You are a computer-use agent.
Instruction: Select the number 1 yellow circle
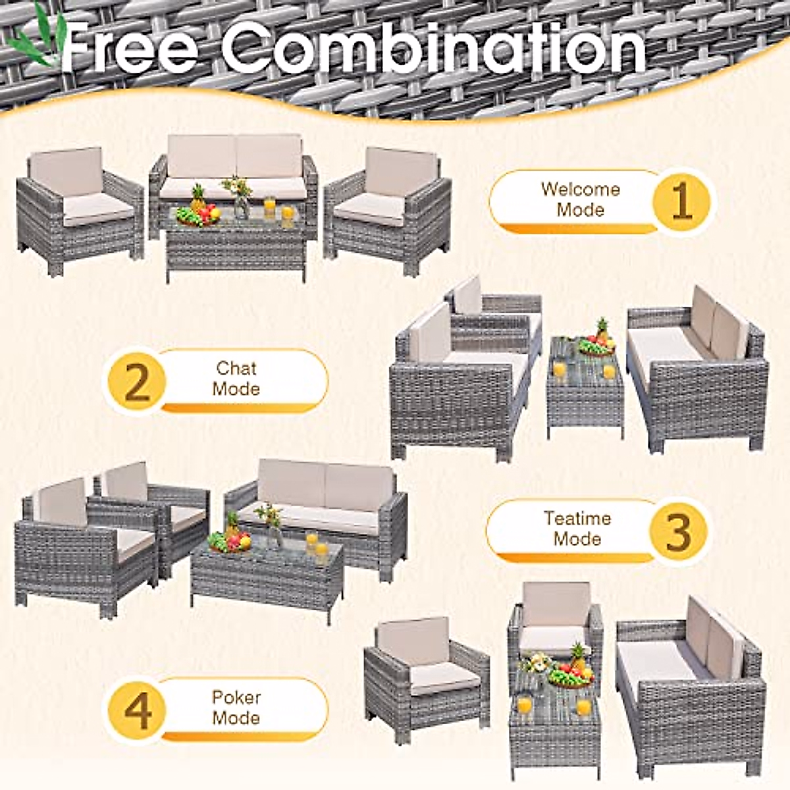coord(681,199)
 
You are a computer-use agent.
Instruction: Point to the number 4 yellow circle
coord(137,708)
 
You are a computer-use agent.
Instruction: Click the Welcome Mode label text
coord(580,199)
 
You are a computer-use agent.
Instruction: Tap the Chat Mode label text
coord(236,379)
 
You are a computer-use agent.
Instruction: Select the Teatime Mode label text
coord(577,529)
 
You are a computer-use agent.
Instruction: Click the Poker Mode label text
coord(236,707)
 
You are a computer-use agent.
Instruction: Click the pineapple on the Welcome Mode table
coord(197,198)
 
